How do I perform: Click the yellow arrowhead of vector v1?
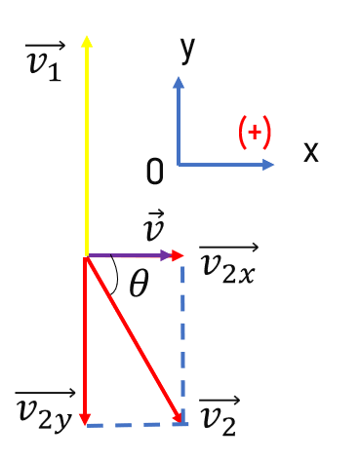coord(87,41)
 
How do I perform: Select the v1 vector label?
coord(45,61)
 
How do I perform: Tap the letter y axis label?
coord(187,51)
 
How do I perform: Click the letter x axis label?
coord(310,152)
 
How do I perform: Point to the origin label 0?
coord(154,172)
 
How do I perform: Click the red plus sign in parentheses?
coord(255,133)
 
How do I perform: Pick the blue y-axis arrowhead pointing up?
coord(179,83)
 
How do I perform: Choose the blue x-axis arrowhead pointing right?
coord(268,165)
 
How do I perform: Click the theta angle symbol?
coord(140,283)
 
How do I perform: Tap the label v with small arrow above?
coord(154,225)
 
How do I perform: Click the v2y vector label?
coord(45,412)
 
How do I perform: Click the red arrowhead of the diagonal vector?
coord(177,416)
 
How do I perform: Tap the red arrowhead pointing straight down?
coord(85,419)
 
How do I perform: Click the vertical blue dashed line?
coord(182,343)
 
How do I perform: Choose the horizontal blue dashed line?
coord(137,425)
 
